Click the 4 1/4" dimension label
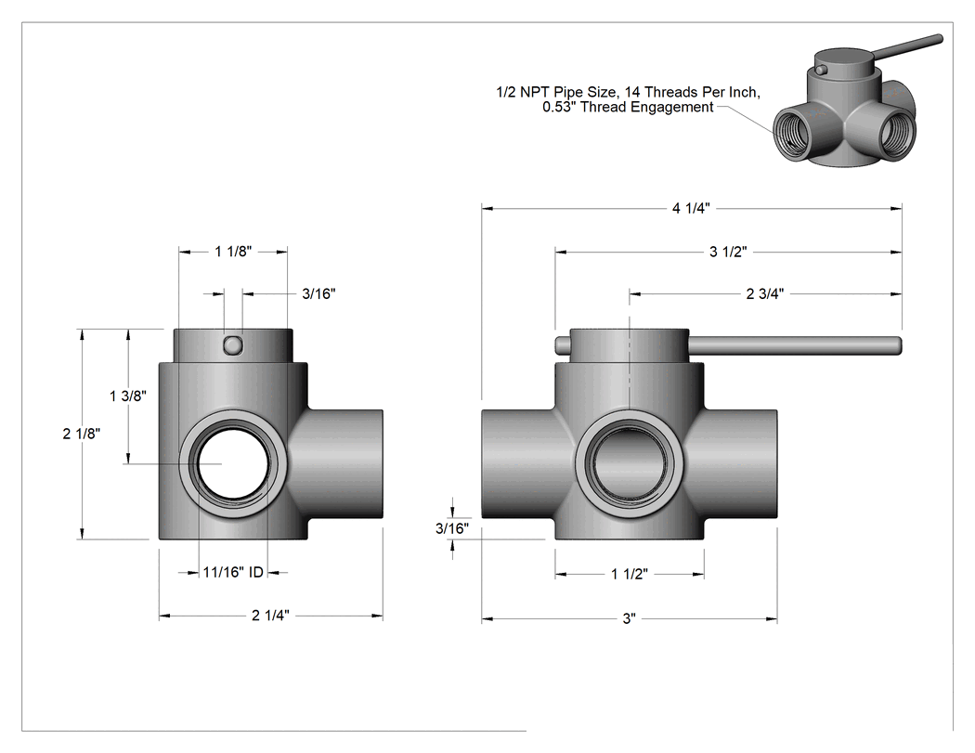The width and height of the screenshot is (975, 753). [x=690, y=208]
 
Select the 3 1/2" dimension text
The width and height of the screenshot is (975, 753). [x=728, y=252]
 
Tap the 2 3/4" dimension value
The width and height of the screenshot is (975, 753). [x=765, y=293]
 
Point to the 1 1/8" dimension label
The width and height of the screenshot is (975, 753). [x=233, y=252]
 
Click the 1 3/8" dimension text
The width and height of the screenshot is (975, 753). [x=128, y=396]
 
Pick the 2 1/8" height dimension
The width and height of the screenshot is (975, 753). [x=82, y=434]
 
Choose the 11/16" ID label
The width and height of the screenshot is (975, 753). [x=233, y=572]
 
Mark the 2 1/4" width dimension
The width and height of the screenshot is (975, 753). [x=270, y=616]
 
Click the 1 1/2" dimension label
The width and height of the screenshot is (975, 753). [x=630, y=574]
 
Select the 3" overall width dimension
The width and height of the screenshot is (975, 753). [x=630, y=618]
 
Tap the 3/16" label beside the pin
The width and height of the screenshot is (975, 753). [x=319, y=293]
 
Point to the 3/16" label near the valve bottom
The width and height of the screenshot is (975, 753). [x=452, y=528]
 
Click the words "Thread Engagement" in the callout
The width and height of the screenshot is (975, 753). [x=646, y=108]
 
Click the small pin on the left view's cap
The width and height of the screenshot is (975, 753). [x=232, y=345]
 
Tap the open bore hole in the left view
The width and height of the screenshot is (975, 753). [x=233, y=463]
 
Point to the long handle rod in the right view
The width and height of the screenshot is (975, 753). [x=795, y=344]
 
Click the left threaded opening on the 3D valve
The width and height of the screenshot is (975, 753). [x=793, y=134]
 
